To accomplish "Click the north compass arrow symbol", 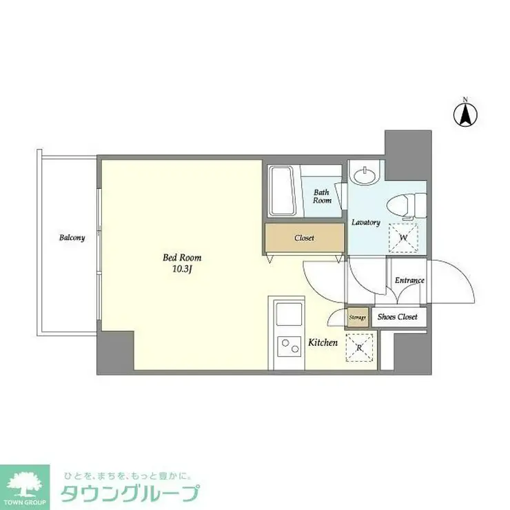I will pos(465,114).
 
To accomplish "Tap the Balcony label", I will pos(72,238).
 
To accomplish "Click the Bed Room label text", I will pos(182,258).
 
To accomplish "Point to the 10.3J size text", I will pos(182,269).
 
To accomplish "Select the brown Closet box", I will pos(304,238).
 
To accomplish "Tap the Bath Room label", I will pos(323,196).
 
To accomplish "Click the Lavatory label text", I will pos(366,223).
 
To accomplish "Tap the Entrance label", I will pos(409,280).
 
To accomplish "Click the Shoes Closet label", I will pos(398,317).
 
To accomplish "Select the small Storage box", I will pos(357,317).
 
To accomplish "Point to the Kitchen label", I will pos(323,342).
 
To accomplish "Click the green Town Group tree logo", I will pos(25,483).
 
